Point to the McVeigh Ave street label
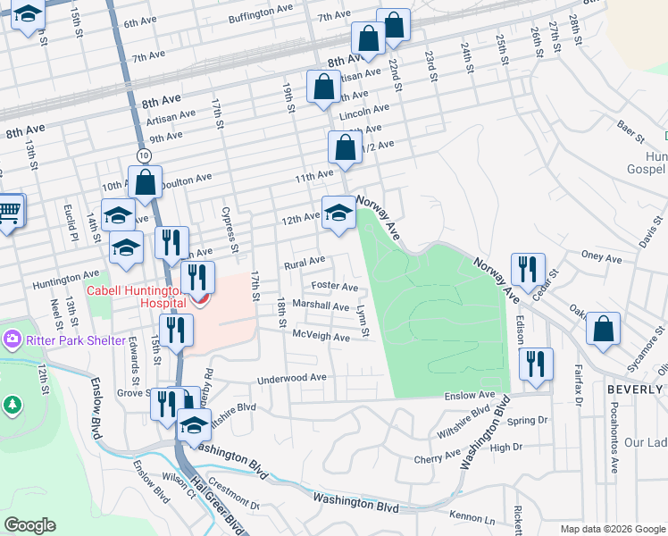pyautogui.click(x=321, y=337)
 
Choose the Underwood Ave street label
pyautogui.click(x=292, y=379)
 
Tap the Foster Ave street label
pyautogui.click(x=334, y=288)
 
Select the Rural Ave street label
pyautogui.click(x=305, y=264)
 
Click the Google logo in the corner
pyautogui.click(x=30, y=525)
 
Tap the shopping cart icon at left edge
pyautogui.click(x=9, y=213)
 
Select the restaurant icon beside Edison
pyautogui.click(x=536, y=365)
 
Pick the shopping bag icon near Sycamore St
pyautogui.click(x=604, y=329)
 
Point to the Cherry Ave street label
pyautogui.click(x=437, y=457)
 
